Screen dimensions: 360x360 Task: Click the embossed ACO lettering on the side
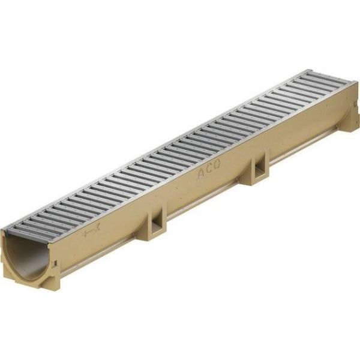click(x=209, y=170)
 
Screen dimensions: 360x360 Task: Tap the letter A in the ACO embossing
click(x=202, y=174)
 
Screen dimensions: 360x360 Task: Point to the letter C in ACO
click(x=209, y=169)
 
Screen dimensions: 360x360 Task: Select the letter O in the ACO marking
click(x=217, y=164)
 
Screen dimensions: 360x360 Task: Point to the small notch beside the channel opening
click(x=55, y=263)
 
